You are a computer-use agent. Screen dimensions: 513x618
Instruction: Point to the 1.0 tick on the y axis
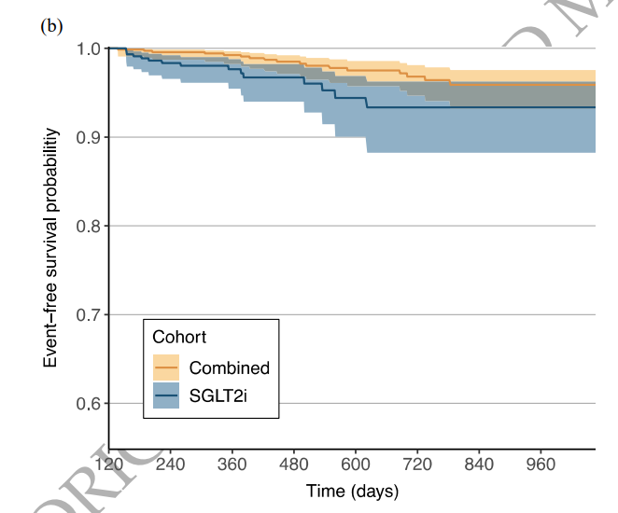click(x=89, y=49)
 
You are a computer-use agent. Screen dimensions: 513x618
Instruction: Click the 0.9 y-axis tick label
click(x=89, y=137)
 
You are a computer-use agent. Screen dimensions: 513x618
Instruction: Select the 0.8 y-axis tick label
click(x=89, y=226)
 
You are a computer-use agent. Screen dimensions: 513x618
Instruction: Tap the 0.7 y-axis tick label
click(x=89, y=314)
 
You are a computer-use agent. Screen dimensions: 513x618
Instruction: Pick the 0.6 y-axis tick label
click(x=89, y=404)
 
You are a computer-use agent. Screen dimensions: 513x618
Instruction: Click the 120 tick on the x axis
click(x=110, y=464)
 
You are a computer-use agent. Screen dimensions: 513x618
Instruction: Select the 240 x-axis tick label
click(x=171, y=464)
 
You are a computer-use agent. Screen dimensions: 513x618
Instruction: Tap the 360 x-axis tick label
click(x=232, y=464)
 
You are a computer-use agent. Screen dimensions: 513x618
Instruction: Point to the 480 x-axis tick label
click(x=294, y=464)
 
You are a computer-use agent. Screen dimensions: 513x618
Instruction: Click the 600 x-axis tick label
click(x=356, y=464)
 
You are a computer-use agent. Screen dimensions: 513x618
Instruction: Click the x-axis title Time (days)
click(x=352, y=491)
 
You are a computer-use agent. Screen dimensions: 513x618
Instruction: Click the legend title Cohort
click(x=179, y=337)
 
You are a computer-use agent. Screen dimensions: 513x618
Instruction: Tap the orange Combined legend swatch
click(x=165, y=367)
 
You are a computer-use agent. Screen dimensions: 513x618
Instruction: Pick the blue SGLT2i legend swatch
click(x=165, y=396)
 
